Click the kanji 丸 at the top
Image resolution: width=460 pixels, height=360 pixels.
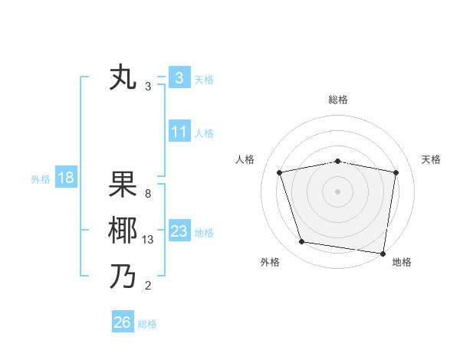click(123, 79)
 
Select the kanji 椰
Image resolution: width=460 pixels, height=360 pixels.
click(123, 231)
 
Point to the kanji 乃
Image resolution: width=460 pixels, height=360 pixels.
click(123, 277)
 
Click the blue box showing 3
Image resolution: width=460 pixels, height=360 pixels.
click(179, 78)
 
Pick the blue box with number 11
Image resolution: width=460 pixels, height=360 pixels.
click(179, 132)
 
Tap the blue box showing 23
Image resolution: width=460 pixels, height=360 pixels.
click(179, 231)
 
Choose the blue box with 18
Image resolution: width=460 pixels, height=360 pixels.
click(65, 178)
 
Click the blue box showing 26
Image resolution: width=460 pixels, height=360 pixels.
click(122, 322)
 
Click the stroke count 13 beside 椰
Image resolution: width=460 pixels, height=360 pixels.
click(148, 240)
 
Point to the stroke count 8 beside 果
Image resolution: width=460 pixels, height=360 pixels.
click(147, 194)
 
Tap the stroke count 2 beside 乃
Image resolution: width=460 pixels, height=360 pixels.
click(147, 286)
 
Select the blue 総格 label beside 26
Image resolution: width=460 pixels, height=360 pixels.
click(147, 324)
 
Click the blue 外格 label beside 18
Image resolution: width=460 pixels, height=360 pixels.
click(41, 179)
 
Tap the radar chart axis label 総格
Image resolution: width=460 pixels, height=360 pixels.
click(337, 100)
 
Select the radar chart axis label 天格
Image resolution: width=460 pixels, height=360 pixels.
click(431, 159)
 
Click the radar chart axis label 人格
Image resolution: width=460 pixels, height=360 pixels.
click(245, 159)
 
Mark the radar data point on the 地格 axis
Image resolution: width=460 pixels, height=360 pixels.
click(383, 253)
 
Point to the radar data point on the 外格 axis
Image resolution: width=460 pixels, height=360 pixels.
click(302, 242)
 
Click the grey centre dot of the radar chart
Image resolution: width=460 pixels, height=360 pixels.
click(337, 191)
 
